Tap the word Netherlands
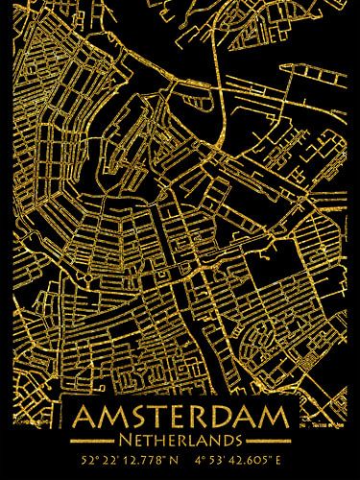(180, 440)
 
